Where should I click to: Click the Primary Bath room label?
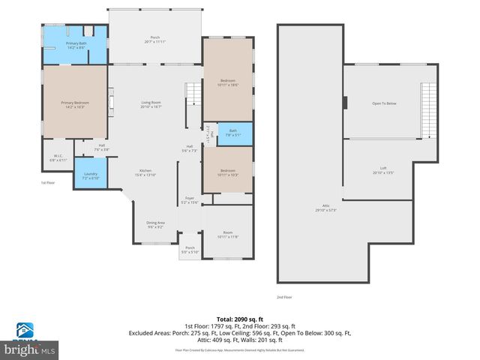tap(76, 46)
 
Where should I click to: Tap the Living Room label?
tap(151, 104)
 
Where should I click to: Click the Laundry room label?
tap(89, 175)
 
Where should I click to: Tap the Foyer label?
tap(189, 200)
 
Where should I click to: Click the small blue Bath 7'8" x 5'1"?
tap(232, 133)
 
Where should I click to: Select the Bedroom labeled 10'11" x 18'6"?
tap(227, 82)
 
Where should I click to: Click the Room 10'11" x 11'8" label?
tap(227, 235)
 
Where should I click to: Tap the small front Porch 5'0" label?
tap(190, 250)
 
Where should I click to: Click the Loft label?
tap(383, 170)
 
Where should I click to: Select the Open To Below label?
tap(383, 103)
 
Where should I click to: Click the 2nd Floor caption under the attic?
tap(285, 297)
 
